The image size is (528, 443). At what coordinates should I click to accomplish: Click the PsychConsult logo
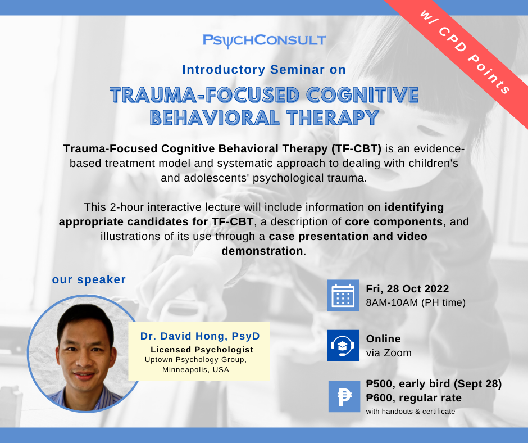tap(264, 40)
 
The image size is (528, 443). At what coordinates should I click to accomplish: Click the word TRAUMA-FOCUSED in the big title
tap(204, 95)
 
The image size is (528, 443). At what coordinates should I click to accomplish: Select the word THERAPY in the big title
tap(333, 118)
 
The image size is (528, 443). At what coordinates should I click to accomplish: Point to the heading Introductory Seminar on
tap(264, 70)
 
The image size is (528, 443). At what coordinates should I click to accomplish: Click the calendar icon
tap(343, 295)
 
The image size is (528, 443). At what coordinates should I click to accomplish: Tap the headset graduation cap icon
tap(343, 345)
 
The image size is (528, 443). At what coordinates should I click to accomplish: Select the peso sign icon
tap(344, 396)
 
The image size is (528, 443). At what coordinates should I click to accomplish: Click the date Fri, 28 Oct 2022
tap(407, 289)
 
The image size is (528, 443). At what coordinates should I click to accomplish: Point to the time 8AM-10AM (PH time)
tap(416, 302)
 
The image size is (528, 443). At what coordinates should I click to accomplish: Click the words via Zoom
tap(389, 353)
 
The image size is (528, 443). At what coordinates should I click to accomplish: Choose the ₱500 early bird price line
tap(434, 384)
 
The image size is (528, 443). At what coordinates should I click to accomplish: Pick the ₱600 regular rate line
tap(414, 398)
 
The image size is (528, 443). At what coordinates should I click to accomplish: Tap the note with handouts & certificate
tap(411, 412)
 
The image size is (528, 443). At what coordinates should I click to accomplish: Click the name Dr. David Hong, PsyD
tap(200, 336)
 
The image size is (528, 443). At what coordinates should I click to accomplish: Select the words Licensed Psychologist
tap(202, 350)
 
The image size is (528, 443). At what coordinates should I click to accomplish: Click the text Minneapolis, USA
tap(195, 370)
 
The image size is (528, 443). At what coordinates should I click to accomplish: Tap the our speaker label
tap(89, 279)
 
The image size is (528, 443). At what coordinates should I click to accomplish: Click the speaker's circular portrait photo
tap(85, 354)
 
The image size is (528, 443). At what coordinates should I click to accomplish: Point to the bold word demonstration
tap(262, 251)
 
